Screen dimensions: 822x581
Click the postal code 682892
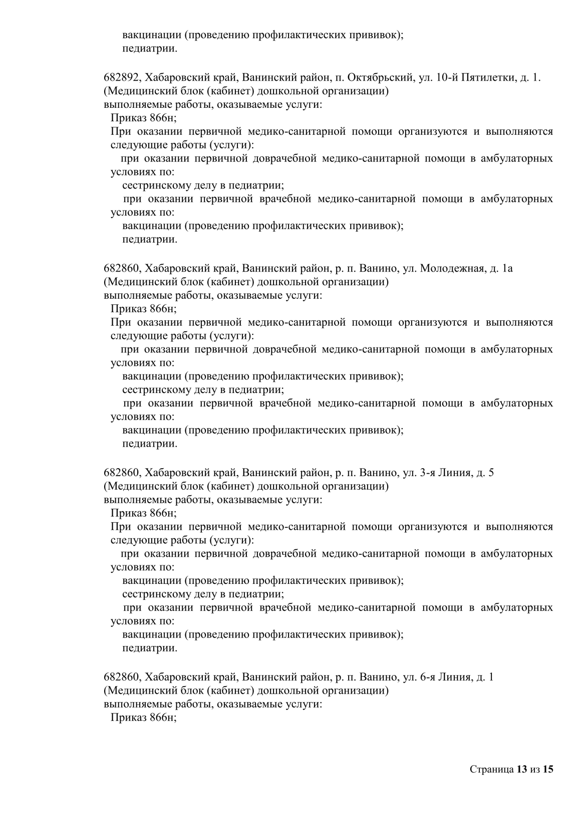pyautogui.click(x=122, y=78)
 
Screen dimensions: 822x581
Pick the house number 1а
pyautogui.click(x=507, y=269)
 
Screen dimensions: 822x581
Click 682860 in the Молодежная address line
pyautogui.click(x=122, y=269)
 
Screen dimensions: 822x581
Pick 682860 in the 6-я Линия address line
pyautogui.click(x=122, y=677)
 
